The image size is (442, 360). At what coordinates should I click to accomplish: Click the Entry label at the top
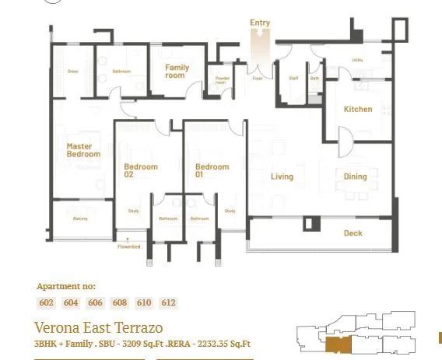(260, 23)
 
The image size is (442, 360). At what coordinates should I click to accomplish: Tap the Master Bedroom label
(83, 150)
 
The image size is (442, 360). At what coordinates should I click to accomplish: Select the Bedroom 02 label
(141, 170)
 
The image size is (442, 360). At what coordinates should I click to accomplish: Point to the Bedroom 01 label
(212, 170)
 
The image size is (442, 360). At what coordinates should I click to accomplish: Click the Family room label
(176, 72)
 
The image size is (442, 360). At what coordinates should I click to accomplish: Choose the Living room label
(282, 177)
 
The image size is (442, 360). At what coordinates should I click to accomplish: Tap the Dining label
(355, 177)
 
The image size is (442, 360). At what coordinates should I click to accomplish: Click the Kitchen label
(358, 110)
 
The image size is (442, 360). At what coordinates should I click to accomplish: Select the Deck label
(353, 233)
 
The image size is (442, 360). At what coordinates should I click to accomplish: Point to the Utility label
(357, 59)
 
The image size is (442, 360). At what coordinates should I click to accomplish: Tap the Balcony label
(80, 218)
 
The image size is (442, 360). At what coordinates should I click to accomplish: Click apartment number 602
(47, 303)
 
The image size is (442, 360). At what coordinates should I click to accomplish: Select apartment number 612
(168, 303)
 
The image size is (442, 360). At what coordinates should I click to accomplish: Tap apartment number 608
(119, 303)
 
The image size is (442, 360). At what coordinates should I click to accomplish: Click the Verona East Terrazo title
(98, 327)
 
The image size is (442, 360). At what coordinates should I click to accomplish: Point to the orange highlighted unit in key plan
(337, 344)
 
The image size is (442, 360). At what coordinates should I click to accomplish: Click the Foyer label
(257, 79)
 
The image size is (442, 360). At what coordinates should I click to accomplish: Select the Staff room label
(293, 79)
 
